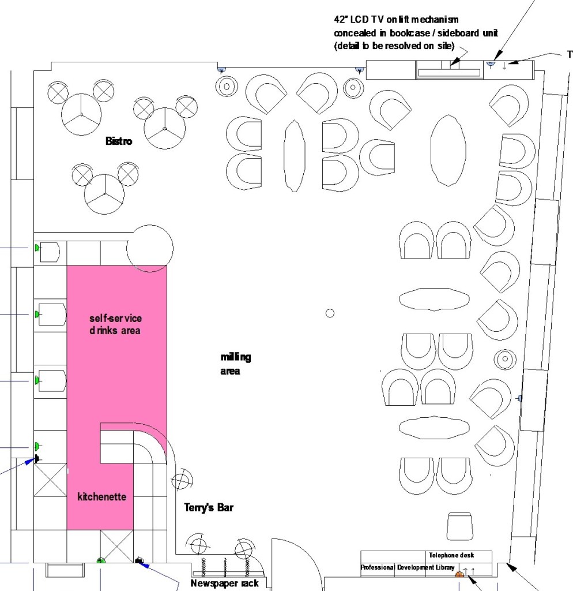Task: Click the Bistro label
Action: point(119,141)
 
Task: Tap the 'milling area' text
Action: point(236,364)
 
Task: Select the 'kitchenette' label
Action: point(101,496)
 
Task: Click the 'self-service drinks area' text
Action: point(115,324)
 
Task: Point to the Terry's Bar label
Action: point(209,507)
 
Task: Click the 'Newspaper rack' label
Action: point(224,583)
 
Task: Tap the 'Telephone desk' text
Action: point(451,555)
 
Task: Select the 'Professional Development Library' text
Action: point(408,567)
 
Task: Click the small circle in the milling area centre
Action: point(330,313)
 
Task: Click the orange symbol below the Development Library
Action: point(459,574)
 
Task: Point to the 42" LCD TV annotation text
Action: point(416,33)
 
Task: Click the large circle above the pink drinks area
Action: point(150,248)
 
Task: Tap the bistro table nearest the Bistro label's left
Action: point(81,114)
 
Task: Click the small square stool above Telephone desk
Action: point(459,526)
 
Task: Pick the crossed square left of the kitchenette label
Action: point(51,480)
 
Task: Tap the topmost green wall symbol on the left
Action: point(37,248)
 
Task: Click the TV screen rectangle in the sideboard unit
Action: point(449,73)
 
